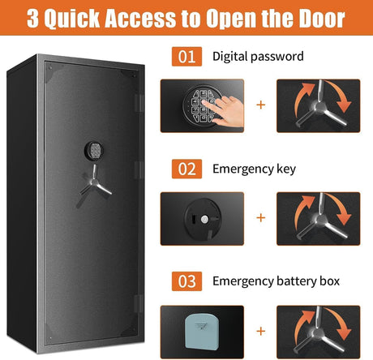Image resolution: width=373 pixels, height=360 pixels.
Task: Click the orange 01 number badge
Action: pyautogui.click(x=186, y=57)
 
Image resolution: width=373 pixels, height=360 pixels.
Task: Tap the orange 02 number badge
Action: pyautogui.click(x=186, y=169)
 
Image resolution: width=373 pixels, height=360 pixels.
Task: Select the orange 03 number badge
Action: pyautogui.click(x=186, y=281)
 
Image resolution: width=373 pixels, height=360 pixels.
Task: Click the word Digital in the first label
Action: pyautogui.click(x=230, y=57)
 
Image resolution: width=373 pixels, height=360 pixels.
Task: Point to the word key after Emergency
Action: pyautogui.click(x=286, y=169)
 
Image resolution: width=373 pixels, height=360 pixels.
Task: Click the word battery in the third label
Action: pyautogui.click(x=297, y=281)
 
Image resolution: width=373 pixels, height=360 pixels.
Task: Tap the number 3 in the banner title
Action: pyautogui.click(x=33, y=19)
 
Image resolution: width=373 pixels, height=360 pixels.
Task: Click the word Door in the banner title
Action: pyautogui.click(x=322, y=18)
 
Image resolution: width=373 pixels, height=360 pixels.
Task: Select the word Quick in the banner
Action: pyautogui.click(x=72, y=19)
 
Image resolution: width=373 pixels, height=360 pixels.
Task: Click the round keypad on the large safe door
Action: pyautogui.click(x=94, y=151)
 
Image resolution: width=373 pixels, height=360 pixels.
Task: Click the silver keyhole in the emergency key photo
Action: pyautogui.click(x=204, y=219)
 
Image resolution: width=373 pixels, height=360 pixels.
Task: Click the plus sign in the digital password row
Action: pyautogui.click(x=261, y=105)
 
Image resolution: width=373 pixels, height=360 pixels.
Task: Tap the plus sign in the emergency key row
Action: pyautogui.click(x=261, y=217)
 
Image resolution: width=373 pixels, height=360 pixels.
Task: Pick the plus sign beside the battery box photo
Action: pyautogui.click(x=261, y=331)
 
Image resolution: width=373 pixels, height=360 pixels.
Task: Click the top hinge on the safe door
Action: pyautogui.click(x=139, y=103)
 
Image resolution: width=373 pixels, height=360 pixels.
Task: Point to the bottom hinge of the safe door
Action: pyautogui.click(x=139, y=304)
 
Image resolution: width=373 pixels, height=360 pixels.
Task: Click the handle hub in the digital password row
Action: pyautogui.click(x=318, y=106)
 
